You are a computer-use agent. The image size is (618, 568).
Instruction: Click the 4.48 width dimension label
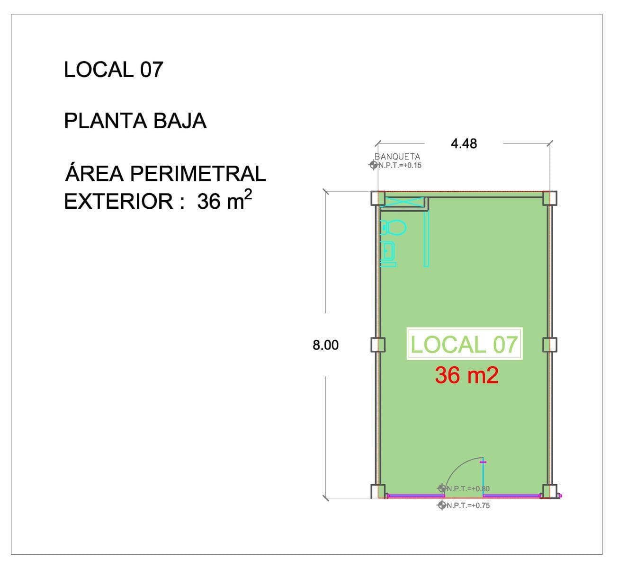click(464, 144)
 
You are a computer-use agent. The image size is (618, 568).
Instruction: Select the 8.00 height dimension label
click(325, 345)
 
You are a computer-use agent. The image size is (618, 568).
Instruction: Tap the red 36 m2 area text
click(466, 375)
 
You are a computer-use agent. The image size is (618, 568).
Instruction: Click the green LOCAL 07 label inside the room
click(464, 345)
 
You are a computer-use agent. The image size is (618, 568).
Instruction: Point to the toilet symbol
click(393, 228)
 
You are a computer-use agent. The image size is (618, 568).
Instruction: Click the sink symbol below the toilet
click(387, 254)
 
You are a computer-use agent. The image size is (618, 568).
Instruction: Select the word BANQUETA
click(397, 157)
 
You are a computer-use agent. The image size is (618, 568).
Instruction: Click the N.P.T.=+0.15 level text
click(400, 165)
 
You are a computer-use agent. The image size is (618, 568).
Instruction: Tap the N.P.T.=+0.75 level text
click(468, 506)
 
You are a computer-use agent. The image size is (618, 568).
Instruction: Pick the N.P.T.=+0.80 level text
click(468, 488)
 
